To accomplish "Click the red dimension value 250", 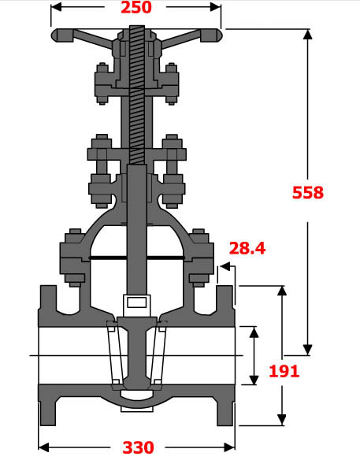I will tap(136, 9).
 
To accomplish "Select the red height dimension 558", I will tap(308, 192).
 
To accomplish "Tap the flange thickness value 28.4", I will tap(247, 249).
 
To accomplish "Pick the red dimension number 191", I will tap(284, 371).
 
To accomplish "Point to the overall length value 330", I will tap(138, 447).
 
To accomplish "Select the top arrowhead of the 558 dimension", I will tap(308, 35).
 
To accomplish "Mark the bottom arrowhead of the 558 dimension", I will tap(308, 350).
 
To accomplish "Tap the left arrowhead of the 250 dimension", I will tap(56, 9).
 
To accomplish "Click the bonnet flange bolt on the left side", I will tap(73, 255).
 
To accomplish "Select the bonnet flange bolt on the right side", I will tap(200, 255).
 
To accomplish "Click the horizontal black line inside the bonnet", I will tap(137, 258).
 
